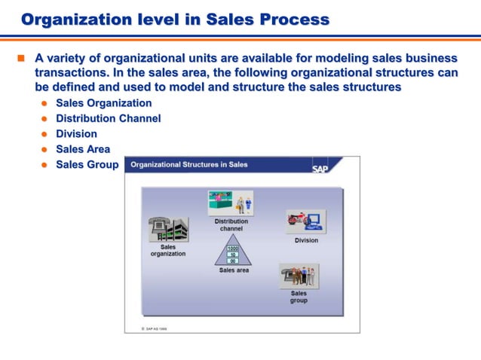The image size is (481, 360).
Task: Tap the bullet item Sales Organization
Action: point(103,103)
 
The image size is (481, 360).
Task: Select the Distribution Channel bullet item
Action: point(108,119)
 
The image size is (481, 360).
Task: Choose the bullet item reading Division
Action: point(76,134)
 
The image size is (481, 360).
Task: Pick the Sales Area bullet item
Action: point(82,149)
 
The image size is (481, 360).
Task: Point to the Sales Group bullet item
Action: point(87,164)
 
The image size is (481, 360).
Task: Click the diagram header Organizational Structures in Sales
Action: point(189,165)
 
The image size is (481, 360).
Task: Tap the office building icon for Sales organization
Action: point(168,229)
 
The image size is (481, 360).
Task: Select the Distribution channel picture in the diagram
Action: point(230,203)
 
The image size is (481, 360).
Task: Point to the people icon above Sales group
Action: point(299,275)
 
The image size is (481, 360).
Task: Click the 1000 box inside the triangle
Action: point(233,248)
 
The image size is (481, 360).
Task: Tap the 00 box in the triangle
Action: point(233,261)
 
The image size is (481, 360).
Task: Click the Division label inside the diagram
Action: point(306,240)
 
